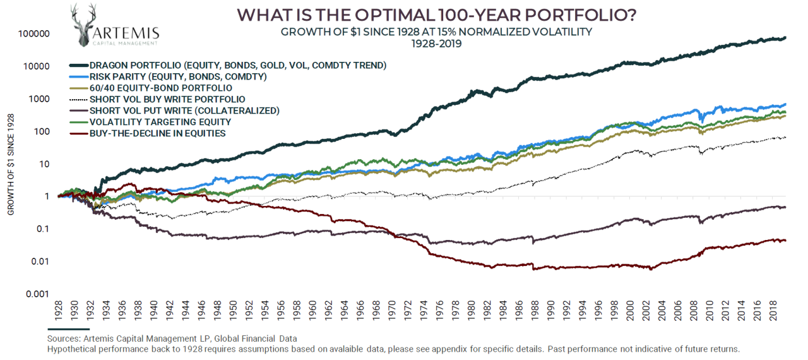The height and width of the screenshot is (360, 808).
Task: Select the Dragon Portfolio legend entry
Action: (237, 66)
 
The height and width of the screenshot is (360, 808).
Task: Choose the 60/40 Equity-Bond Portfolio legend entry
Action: (160, 88)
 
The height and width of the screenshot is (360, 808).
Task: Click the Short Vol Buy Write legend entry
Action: (167, 99)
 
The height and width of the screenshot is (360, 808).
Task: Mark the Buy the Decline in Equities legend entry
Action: (158, 133)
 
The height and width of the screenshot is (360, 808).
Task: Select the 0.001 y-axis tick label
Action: (37, 294)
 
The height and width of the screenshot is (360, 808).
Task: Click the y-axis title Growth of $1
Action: (11, 164)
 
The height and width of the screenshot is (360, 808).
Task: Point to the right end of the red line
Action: (785, 240)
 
